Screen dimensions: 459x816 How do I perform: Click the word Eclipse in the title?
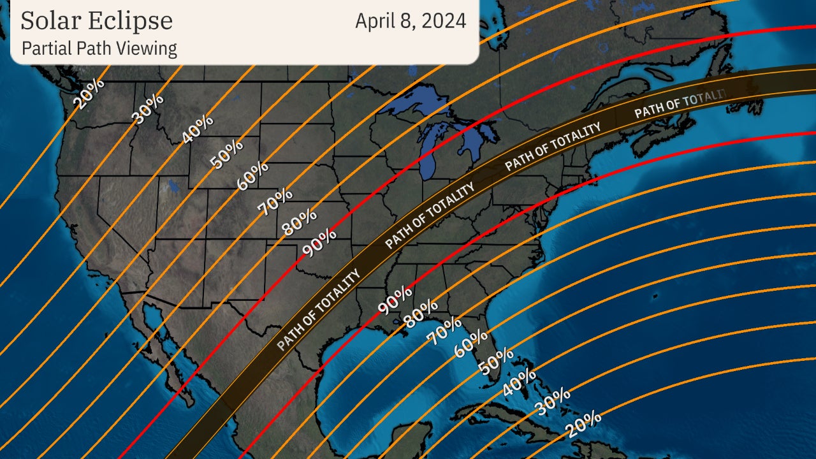pos(132,20)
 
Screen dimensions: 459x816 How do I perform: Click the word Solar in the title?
pos(52,20)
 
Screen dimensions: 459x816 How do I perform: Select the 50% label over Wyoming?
pos(226,153)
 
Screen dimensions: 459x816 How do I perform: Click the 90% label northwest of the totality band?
pos(319,243)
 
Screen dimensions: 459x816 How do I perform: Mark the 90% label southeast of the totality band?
pos(395,300)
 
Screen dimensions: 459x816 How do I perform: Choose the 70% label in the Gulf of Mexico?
pos(444,330)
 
